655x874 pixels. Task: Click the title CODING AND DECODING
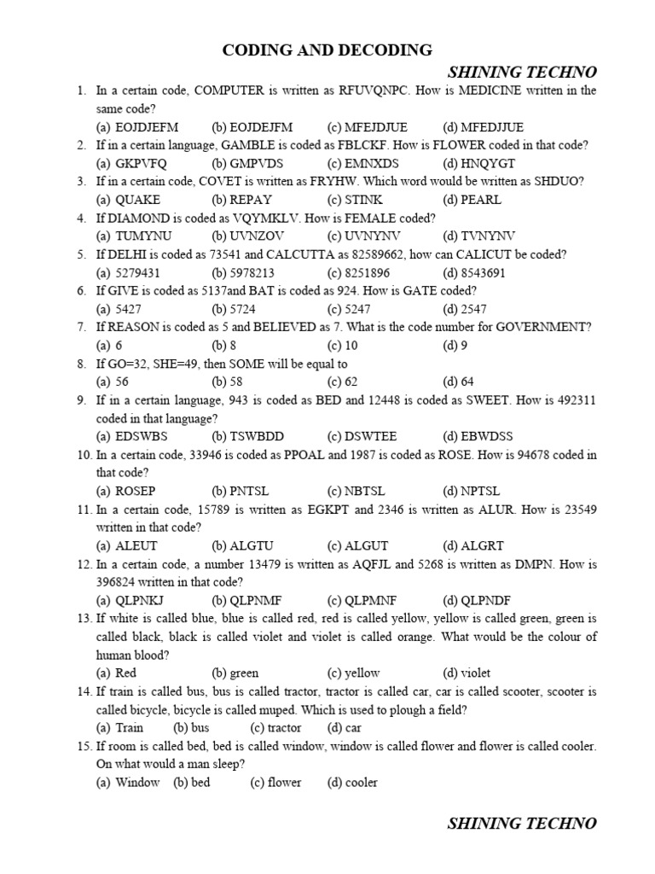click(327, 51)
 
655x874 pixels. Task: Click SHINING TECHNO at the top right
click(522, 72)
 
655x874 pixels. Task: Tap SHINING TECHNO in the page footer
click(522, 824)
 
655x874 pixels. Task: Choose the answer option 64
click(467, 382)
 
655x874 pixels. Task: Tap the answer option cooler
click(362, 782)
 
